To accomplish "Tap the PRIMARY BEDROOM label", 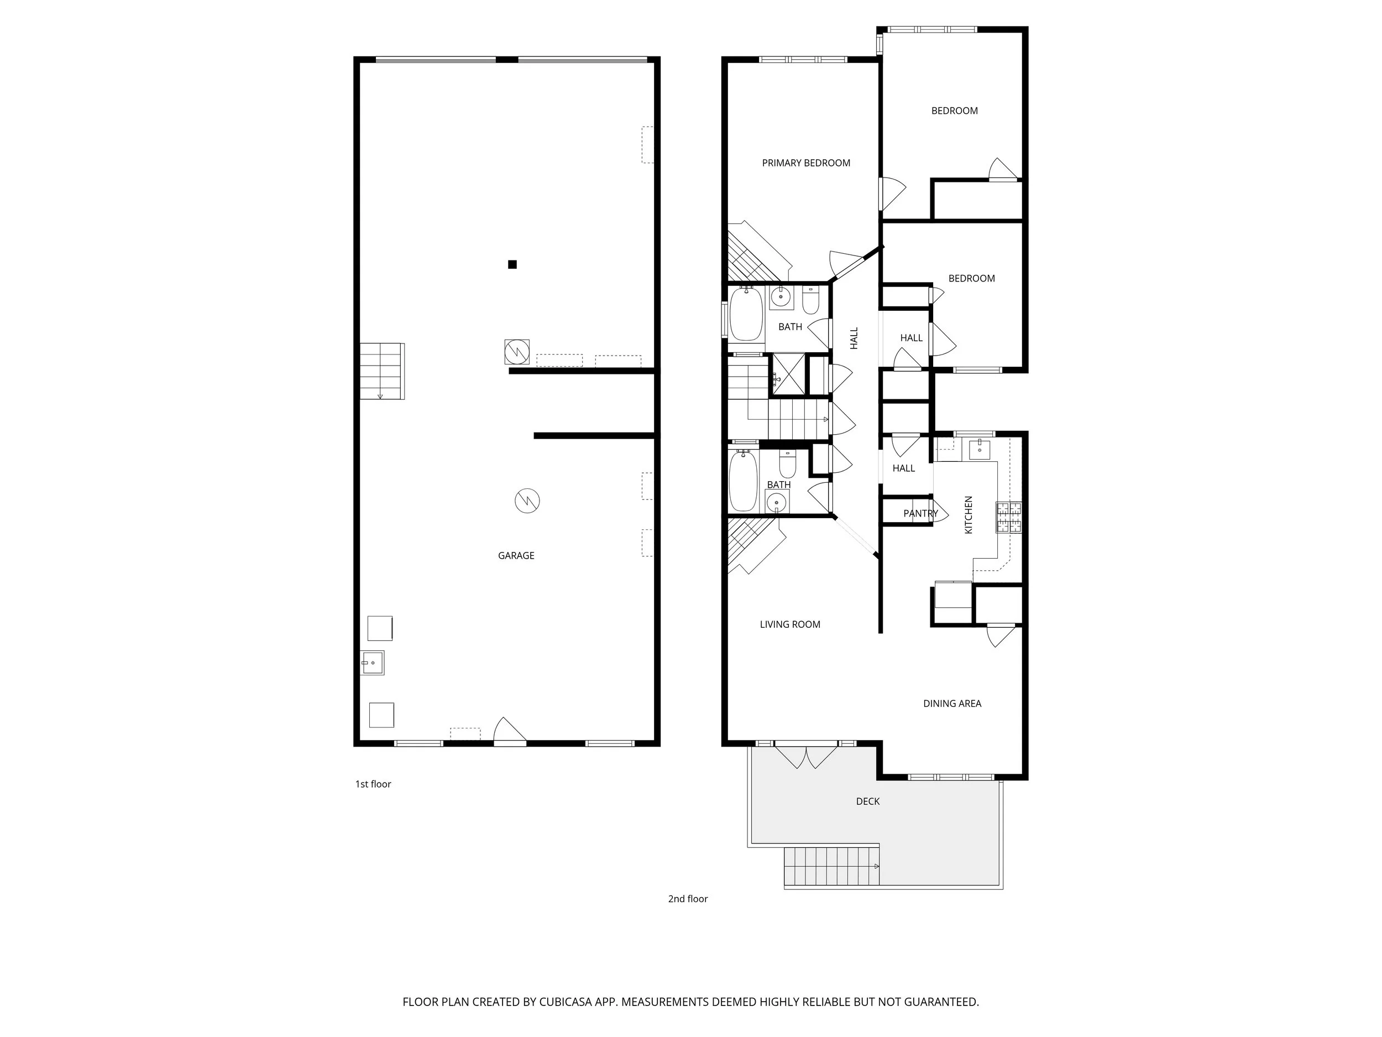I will pyautogui.click(x=805, y=163).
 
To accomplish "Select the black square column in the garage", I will pyautogui.click(x=512, y=264).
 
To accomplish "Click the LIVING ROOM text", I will pyautogui.click(x=790, y=624).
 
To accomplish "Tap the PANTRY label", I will pyautogui.click(x=920, y=513).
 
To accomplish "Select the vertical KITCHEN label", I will pyautogui.click(x=969, y=514).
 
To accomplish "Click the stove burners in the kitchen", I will pyautogui.click(x=1008, y=517).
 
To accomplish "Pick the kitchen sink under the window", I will pyautogui.click(x=979, y=448).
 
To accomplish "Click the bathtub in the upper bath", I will pyautogui.click(x=746, y=314).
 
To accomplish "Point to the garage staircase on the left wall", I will pyautogui.click(x=381, y=371).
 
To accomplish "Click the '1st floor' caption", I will pyautogui.click(x=373, y=784).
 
